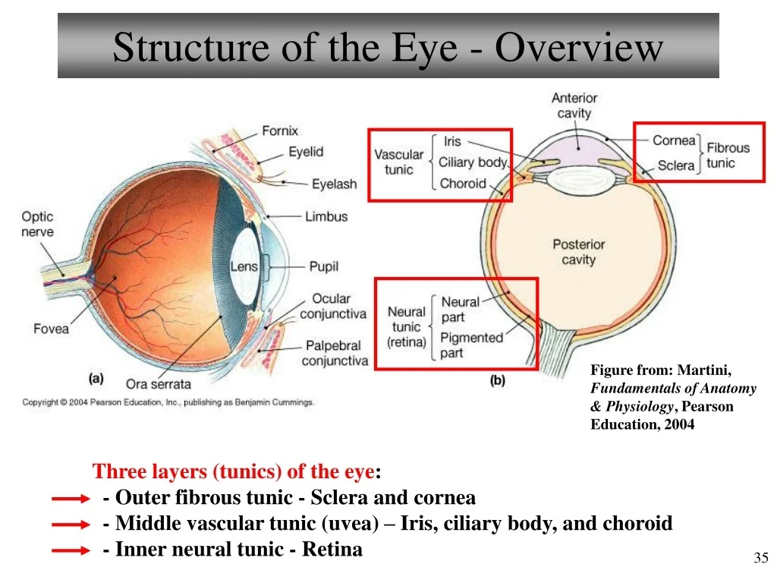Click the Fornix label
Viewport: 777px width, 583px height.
pyautogui.click(x=280, y=131)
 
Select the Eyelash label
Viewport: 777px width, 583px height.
pyautogui.click(x=334, y=184)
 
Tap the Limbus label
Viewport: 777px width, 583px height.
pyautogui.click(x=326, y=216)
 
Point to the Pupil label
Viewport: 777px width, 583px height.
pyautogui.click(x=323, y=266)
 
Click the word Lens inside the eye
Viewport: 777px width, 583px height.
pyautogui.click(x=244, y=266)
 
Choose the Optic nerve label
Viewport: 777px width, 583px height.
pyautogui.click(x=37, y=224)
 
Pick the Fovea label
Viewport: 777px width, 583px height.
pyautogui.click(x=51, y=329)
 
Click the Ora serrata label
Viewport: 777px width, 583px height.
pyautogui.click(x=158, y=384)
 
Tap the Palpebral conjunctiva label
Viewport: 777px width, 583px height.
pyautogui.click(x=335, y=353)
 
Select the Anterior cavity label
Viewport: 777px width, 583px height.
pyautogui.click(x=574, y=106)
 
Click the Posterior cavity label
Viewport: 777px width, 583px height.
pyautogui.click(x=579, y=252)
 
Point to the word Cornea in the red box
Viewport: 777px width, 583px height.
pyautogui.click(x=674, y=140)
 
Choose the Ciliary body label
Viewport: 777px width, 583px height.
pyautogui.click(x=473, y=162)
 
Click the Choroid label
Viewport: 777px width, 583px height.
pyautogui.click(x=463, y=184)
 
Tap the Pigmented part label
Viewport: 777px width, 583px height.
pyautogui.click(x=471, y=345)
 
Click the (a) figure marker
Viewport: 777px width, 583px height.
pyautogui.click(x=96, y=379)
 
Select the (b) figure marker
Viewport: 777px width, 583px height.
pyautogui.click(x=498, y=380)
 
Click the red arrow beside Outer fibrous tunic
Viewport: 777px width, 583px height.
pyautogui.click(x=71, y=499)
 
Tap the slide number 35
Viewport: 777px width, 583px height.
pyautogui.click(x=760, y=558)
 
